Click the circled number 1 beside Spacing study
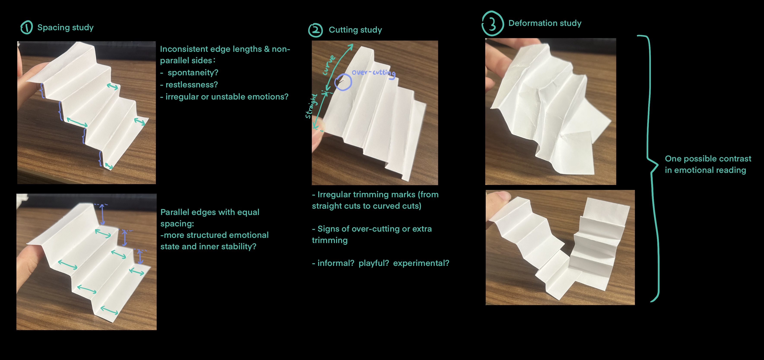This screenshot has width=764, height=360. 27,28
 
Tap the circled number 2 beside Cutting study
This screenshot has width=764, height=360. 316,30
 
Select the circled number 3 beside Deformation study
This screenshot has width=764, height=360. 493,24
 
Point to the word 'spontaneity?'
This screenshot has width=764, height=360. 193,73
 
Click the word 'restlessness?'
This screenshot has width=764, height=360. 191,85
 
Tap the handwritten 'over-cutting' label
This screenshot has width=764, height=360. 374,73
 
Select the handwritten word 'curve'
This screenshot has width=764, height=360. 329,65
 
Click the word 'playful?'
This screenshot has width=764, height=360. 374,263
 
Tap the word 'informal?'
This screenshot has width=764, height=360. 336,263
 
